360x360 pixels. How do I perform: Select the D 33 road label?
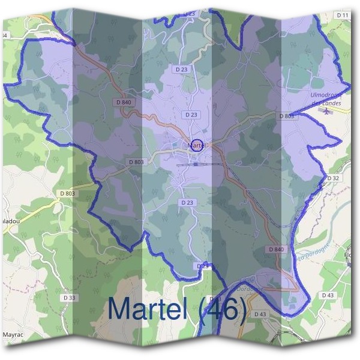(70, 298)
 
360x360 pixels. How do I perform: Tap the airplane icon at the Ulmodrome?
(326, 110)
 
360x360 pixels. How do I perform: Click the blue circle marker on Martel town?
(198, 145)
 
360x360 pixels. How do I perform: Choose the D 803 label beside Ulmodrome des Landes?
(287, 116)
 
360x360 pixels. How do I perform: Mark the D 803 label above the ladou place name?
(68, 193)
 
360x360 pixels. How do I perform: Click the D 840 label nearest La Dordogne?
(277, 249)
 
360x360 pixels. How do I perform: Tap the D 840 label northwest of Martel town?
(124, 103)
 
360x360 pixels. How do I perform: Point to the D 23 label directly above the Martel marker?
(191, 114)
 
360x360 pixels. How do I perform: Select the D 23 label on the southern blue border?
(203, 265)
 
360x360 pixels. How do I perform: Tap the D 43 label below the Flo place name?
(328, 295)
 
